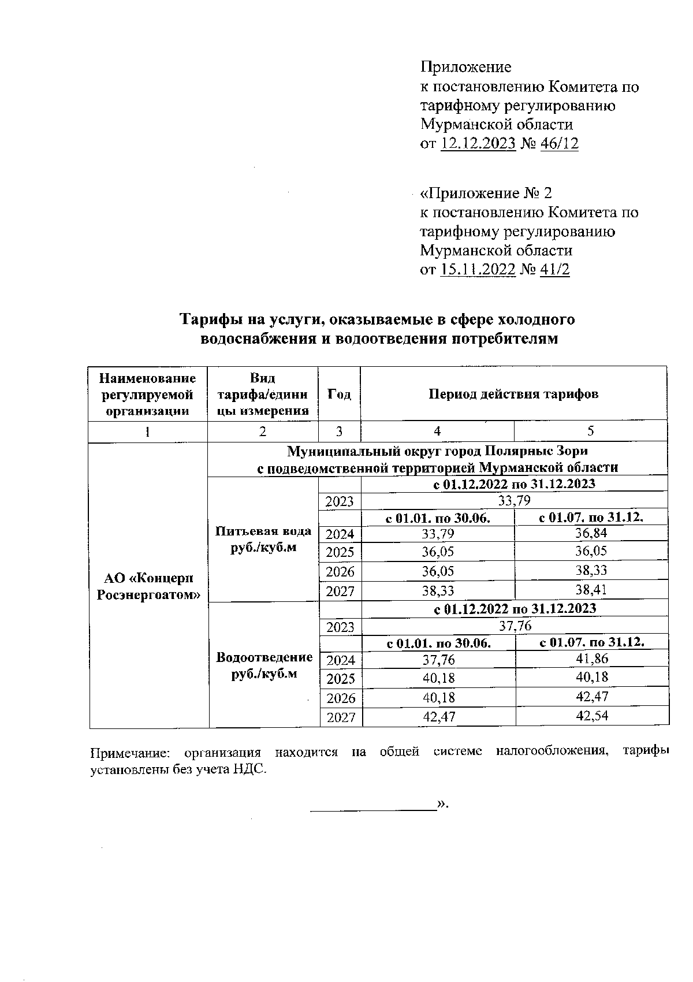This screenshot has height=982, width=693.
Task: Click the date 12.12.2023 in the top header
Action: click(478, 143)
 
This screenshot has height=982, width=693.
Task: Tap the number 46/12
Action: click(559, 143)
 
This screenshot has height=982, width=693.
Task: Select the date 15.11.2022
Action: click(477, 269)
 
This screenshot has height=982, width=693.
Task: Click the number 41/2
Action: click(554, 269)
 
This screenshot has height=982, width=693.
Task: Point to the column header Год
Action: click(339, 394)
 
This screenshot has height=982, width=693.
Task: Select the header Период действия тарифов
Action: click(513, 394)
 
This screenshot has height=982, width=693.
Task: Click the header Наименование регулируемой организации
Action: click(148, 394)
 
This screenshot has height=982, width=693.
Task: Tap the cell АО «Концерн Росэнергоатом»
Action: click(148, 586)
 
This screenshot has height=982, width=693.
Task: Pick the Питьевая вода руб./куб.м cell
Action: click(263, 539)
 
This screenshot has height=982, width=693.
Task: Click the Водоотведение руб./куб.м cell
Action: click(264, 665)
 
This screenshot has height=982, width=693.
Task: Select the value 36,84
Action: click(591, 533)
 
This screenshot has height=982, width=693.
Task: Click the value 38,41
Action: click(591, 590)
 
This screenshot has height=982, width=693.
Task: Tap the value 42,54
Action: click(592, 716)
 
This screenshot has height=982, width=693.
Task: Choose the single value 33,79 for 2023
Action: click(514, 500)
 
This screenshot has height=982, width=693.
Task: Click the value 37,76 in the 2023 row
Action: click(515, 626)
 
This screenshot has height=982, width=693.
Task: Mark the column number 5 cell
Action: click(590, 431)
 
